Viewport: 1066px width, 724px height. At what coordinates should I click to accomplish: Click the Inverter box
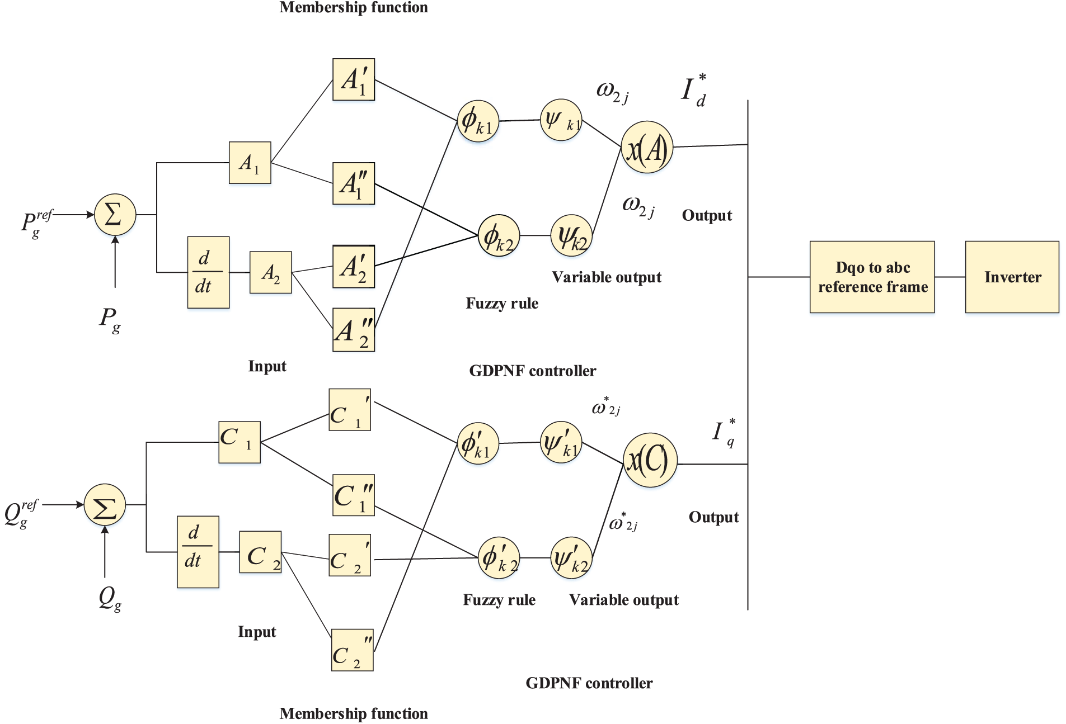[x=1012, y=277]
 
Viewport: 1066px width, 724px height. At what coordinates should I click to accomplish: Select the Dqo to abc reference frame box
[x=872, y=277]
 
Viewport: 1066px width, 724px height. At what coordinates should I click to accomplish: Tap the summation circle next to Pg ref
[x=115, y=215]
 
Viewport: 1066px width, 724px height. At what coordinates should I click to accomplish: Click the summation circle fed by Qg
[x=105, y=505]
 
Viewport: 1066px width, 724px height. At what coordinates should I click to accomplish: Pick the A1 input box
[x=250, y=163]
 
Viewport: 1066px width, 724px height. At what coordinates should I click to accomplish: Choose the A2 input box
[x=270, y=272]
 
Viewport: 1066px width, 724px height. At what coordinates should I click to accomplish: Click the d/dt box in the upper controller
[x=208, y=272]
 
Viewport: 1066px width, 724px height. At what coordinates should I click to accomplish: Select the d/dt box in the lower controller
[x=198, y=552]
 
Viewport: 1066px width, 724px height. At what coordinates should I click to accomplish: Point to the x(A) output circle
[x=647, y=148]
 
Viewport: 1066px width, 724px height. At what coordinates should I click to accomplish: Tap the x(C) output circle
[x=650, y=460]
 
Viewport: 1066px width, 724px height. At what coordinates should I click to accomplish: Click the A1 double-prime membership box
[x=354, y=184]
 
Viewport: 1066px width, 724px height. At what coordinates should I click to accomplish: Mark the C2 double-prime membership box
[x=353, y=650]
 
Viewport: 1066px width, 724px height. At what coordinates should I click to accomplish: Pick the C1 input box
[x=240, y=442]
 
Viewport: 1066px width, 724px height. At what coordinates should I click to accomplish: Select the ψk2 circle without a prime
[x=571, y=236]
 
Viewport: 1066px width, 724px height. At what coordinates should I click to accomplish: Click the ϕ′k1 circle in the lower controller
[x=478, y=444]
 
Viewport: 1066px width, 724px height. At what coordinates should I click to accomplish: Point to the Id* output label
[x=694, y=89]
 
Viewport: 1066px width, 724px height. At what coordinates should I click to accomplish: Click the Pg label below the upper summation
[x=110, y=320]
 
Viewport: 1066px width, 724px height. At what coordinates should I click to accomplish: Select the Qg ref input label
[x=21, y=514]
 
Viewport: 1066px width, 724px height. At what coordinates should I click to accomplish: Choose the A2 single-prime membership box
[x=354, y=267]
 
